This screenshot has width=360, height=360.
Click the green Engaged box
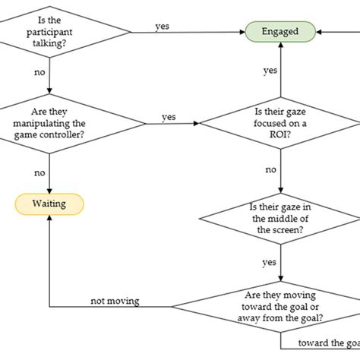pyautogui.click(x=280, y=31)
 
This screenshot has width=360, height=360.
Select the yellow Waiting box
pyautogui.click(x=50, y=203)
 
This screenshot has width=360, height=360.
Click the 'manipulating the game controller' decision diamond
pyautogui.click(x=50, y=122)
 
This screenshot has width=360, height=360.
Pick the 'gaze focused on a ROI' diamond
pyautogui.click(x=280, y=122)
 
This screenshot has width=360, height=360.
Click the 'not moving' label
pyautogui.click(x=115, y=301)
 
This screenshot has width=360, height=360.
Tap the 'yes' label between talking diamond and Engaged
pyautogui.click(x=163, y=26)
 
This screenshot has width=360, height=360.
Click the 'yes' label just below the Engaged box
pyautogui.click(x=270, y=71)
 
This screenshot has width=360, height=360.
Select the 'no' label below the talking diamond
pyautogui.click(x=39, y=74)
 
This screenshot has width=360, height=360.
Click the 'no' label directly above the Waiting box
pyautogui.click(x=39, y=173)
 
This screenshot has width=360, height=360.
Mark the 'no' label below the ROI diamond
pyautogui.click(x=270, y=170)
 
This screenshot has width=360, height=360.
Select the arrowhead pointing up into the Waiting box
pyautogui.click(x=50, y=217)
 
